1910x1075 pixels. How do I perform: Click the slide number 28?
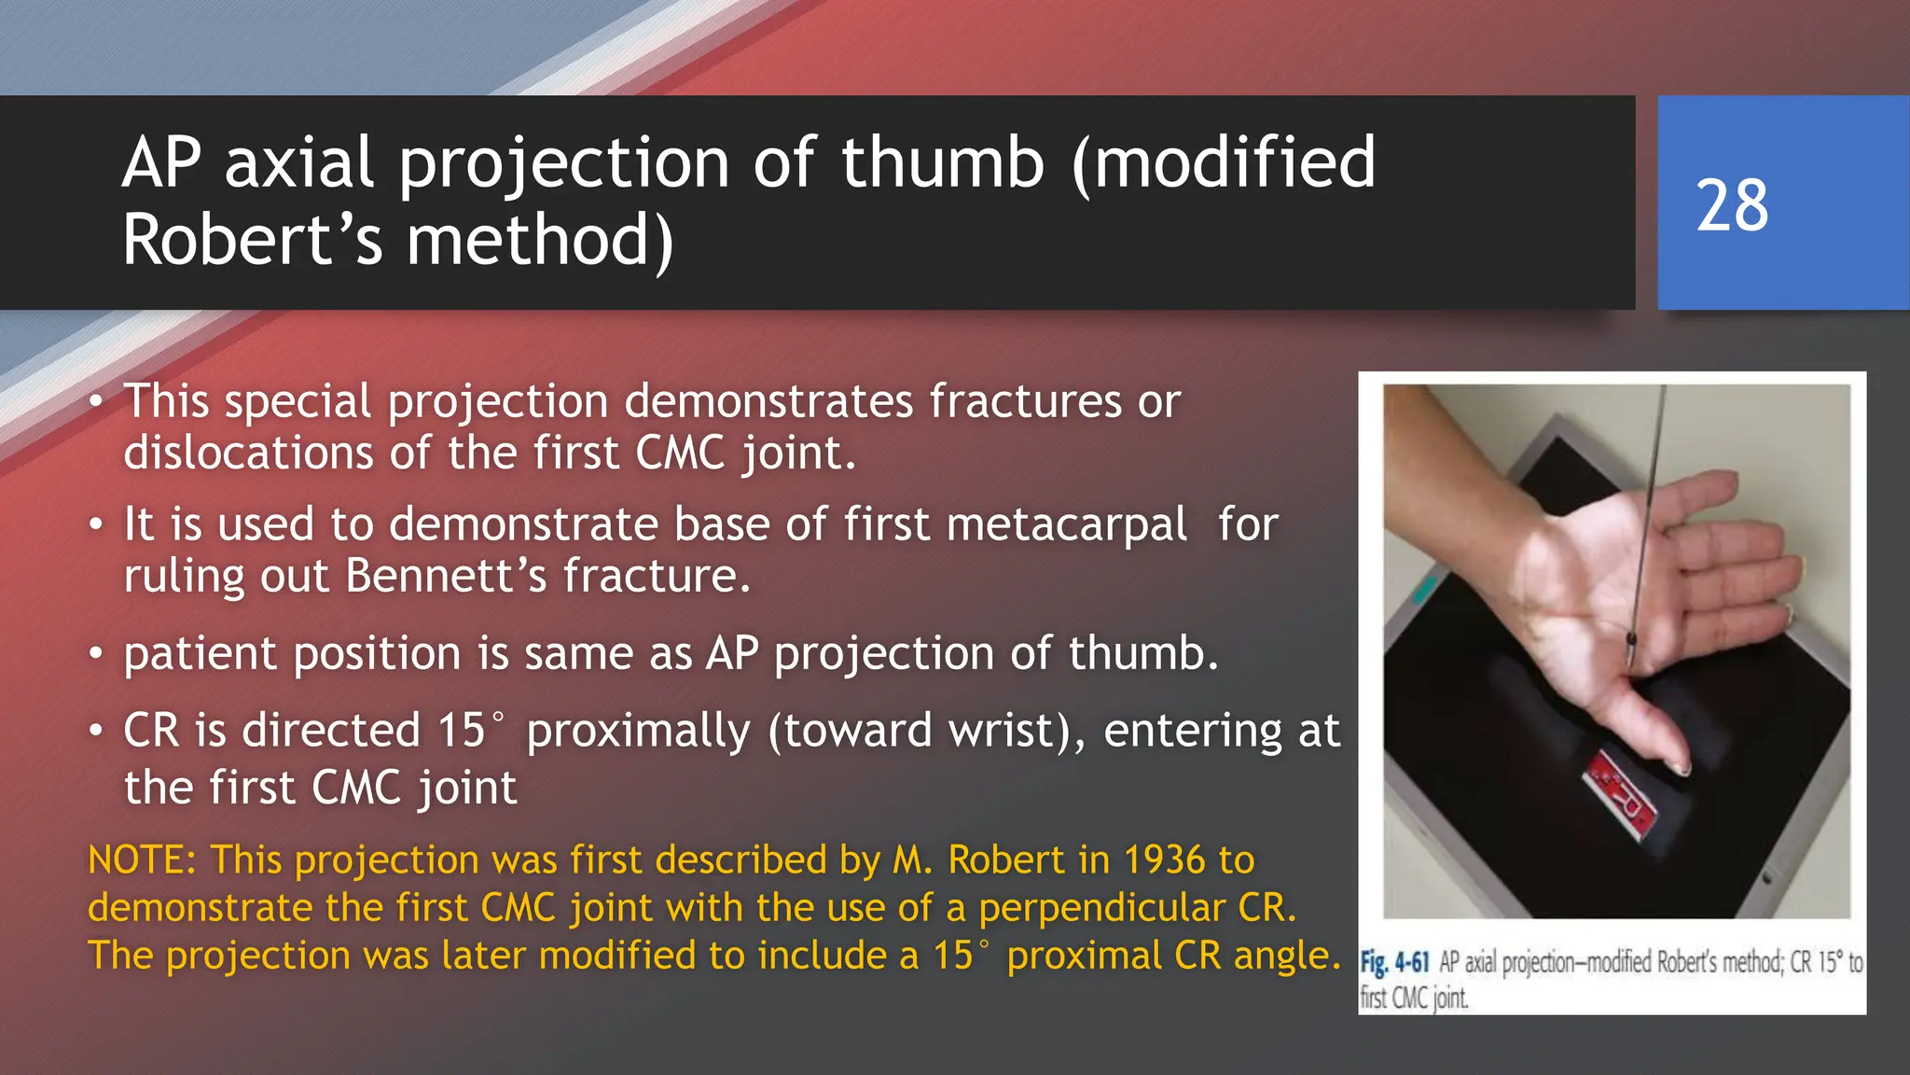coord(1732,205)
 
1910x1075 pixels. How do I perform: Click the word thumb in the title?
coord(942,163)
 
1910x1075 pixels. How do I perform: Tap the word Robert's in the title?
coord(252,241)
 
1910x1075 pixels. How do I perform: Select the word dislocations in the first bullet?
coord(248,454)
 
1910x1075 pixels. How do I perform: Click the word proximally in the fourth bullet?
coord(638,731)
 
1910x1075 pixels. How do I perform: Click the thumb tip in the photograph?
coord(1681,767)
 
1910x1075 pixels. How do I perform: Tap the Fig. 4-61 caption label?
coord(1394,962)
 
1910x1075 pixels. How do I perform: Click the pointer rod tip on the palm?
coord(1630,644)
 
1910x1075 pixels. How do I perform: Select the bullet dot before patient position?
coord(96,654)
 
